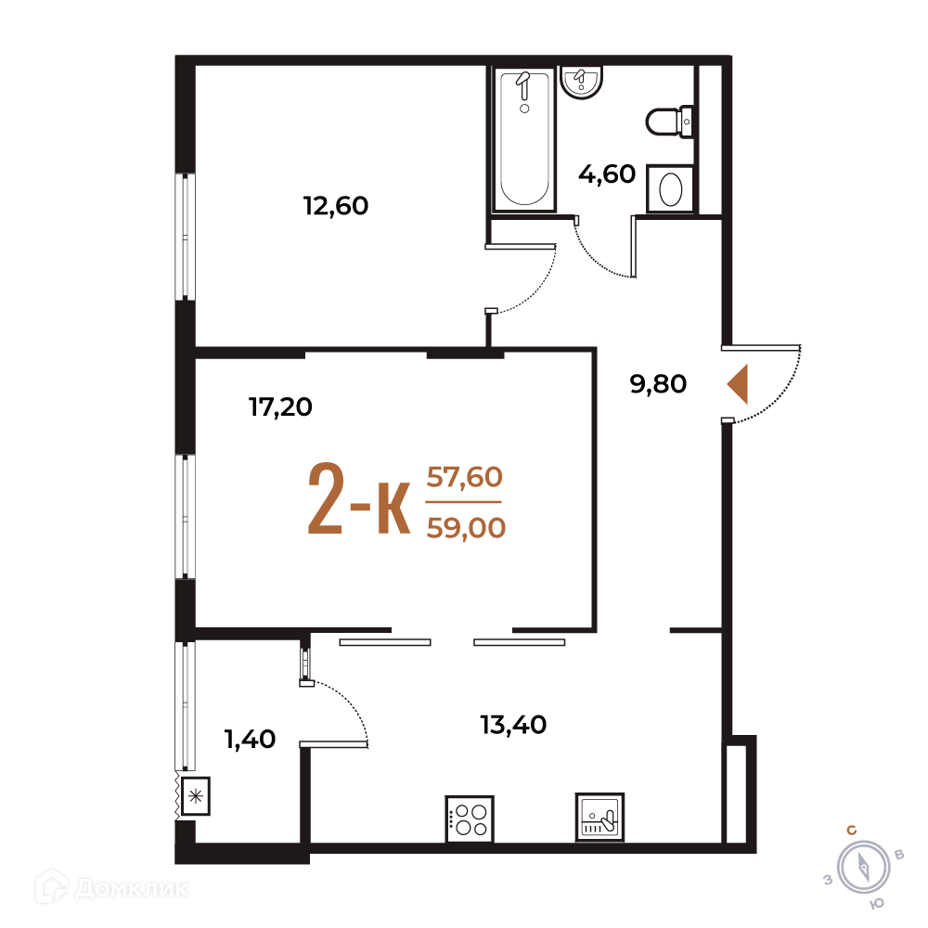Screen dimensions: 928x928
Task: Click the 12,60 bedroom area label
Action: pyautogui.click(x=336, y=206)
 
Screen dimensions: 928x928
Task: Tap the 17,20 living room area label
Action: pyautogui.click(x=280, y=407)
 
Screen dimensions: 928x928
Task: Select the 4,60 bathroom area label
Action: pyautogui.click(x=607, y=174)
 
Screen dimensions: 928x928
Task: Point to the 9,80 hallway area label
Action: pyautogui.click(x=658, y=384)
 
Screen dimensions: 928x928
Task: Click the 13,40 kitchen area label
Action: pyautogui.click(x=513, y=725)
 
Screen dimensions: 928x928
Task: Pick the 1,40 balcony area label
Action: pyautogui.click(x=250, y=740)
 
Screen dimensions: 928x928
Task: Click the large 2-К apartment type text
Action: pyautogui.click(x=359, y=498)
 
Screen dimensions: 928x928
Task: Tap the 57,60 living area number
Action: pyautogui.click(x=465, y=477)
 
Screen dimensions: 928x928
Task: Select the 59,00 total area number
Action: pyautogui.click(x=467, y=528)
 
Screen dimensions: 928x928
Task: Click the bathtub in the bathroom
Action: pyautogui.click(x=524, y=140)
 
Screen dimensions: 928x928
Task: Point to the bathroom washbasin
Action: pyautogui.click(x=581, y=82)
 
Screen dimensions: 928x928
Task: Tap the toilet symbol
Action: pyautogui.click(x=669, y=122)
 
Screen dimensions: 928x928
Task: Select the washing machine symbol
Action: pyautogui.click(x=670, y=188)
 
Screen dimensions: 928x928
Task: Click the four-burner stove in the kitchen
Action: pyautogui.click(x=470, y=819)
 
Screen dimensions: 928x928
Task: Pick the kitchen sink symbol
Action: pyautogui.click(x=599, y=817)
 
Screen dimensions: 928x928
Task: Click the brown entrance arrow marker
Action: pyautogui.click(x=738, y=384)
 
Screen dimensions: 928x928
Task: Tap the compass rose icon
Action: pyautogui.click(x=863, y=868)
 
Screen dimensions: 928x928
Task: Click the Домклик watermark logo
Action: pyautogui.click(x=112, y=888)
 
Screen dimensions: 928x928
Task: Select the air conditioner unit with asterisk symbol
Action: pyautogui.click(x=195, y=796)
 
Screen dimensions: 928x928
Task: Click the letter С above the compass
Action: pyautogui.click(x=852, y=831)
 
